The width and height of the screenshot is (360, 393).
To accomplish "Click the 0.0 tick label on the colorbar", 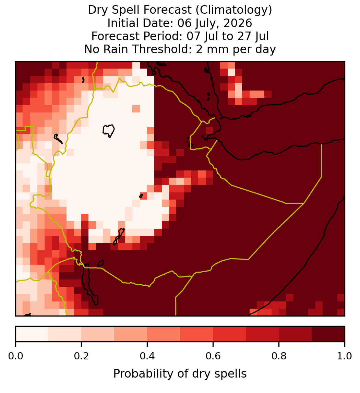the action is pyautogui.click(x=15, y=356).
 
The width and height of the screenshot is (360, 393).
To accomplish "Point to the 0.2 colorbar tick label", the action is pyautogui.click(x=81, y=356).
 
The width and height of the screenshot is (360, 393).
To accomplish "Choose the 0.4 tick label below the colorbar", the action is pyautogui.click(x=147, y=356).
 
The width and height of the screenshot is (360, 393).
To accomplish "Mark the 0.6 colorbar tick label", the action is pyautogui.click(x=213, y=356).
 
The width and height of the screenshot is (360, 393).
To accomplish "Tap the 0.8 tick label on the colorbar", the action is pyautogui.click(x=279, y=356).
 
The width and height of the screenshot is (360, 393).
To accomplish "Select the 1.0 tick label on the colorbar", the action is pyautogui.click(x=345, y=356).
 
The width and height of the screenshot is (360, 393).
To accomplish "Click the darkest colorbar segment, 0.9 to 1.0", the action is pyautogui.click(x=328, y=334).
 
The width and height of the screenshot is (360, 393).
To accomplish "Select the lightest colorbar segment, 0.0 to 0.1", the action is pyautogui.click(x=32, y=334).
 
